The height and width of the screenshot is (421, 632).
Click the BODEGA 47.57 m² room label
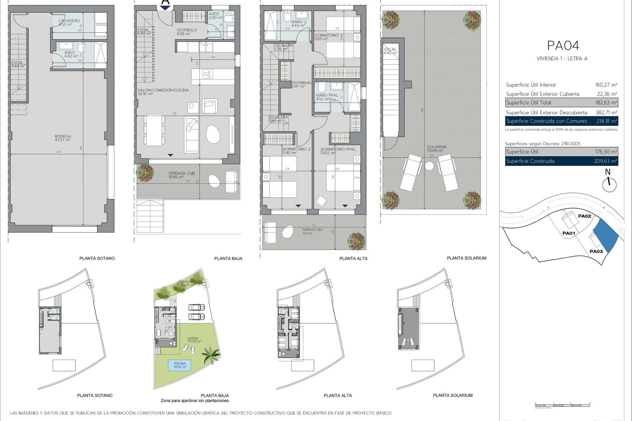tap(63, 138)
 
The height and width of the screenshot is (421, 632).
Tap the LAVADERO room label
tap(69, 22)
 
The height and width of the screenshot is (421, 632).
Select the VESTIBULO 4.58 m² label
tap(187, 32)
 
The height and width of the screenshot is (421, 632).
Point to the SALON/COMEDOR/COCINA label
tap(163, 92)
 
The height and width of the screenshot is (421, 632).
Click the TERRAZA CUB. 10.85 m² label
tap(181, 175)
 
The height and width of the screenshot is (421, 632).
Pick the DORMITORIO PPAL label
tap(338, 151)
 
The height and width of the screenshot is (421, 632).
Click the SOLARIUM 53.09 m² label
tap(436, 149)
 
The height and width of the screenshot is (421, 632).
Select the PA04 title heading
tap(563, 46)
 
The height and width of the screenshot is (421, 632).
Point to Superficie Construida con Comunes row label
tap(546, 121)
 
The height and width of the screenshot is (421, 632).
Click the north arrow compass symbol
tap(609, 185)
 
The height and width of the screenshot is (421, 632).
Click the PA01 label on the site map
tap(568, 233)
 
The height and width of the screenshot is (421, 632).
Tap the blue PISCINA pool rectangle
tap(180, 365)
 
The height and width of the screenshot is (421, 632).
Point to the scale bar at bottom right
tap(562, 405)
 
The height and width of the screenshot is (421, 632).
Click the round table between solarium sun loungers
tap(429, 166)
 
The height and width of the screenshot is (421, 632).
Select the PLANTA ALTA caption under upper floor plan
tap(353, 259)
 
